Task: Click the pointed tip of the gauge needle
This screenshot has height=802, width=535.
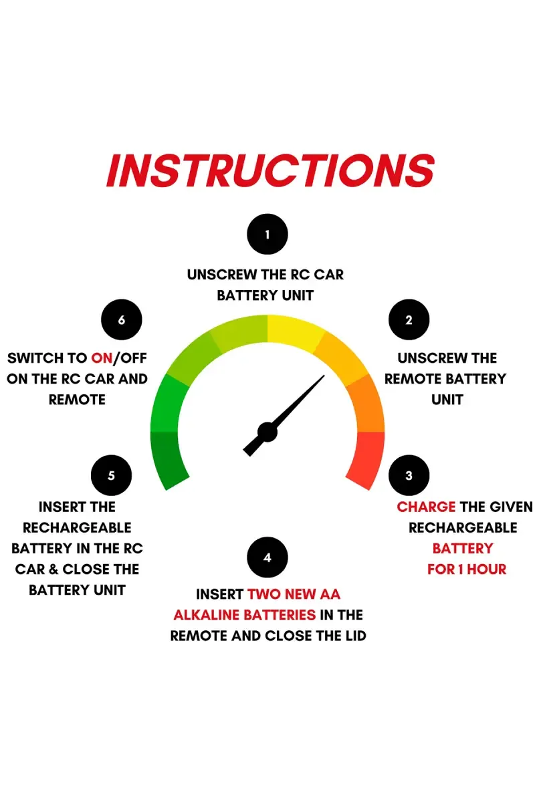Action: click(324, 376)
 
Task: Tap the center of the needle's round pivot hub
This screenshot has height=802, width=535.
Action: click(267, 432)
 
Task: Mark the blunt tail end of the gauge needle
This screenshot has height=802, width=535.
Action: click(247, 452)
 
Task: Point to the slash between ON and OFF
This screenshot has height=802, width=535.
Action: click(116, 358)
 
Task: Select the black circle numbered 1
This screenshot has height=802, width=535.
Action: click(267, 234)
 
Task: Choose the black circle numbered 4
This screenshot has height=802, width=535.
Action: click(267, 557)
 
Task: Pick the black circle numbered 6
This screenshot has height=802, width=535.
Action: click(122, 319)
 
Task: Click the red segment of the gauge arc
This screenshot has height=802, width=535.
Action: click(366, 460)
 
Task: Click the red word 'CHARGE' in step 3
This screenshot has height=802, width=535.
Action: click(426, 507)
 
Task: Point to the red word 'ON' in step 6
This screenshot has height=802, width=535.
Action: click(102, 358)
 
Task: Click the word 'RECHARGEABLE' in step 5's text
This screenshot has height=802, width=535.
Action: click(77, 528)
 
